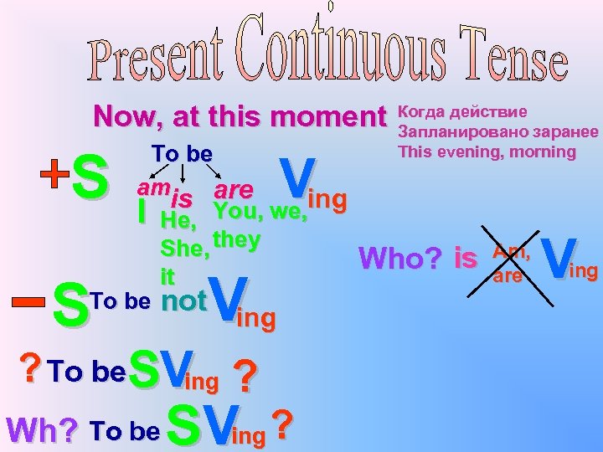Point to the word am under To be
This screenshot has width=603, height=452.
click(x=150, y=191)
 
